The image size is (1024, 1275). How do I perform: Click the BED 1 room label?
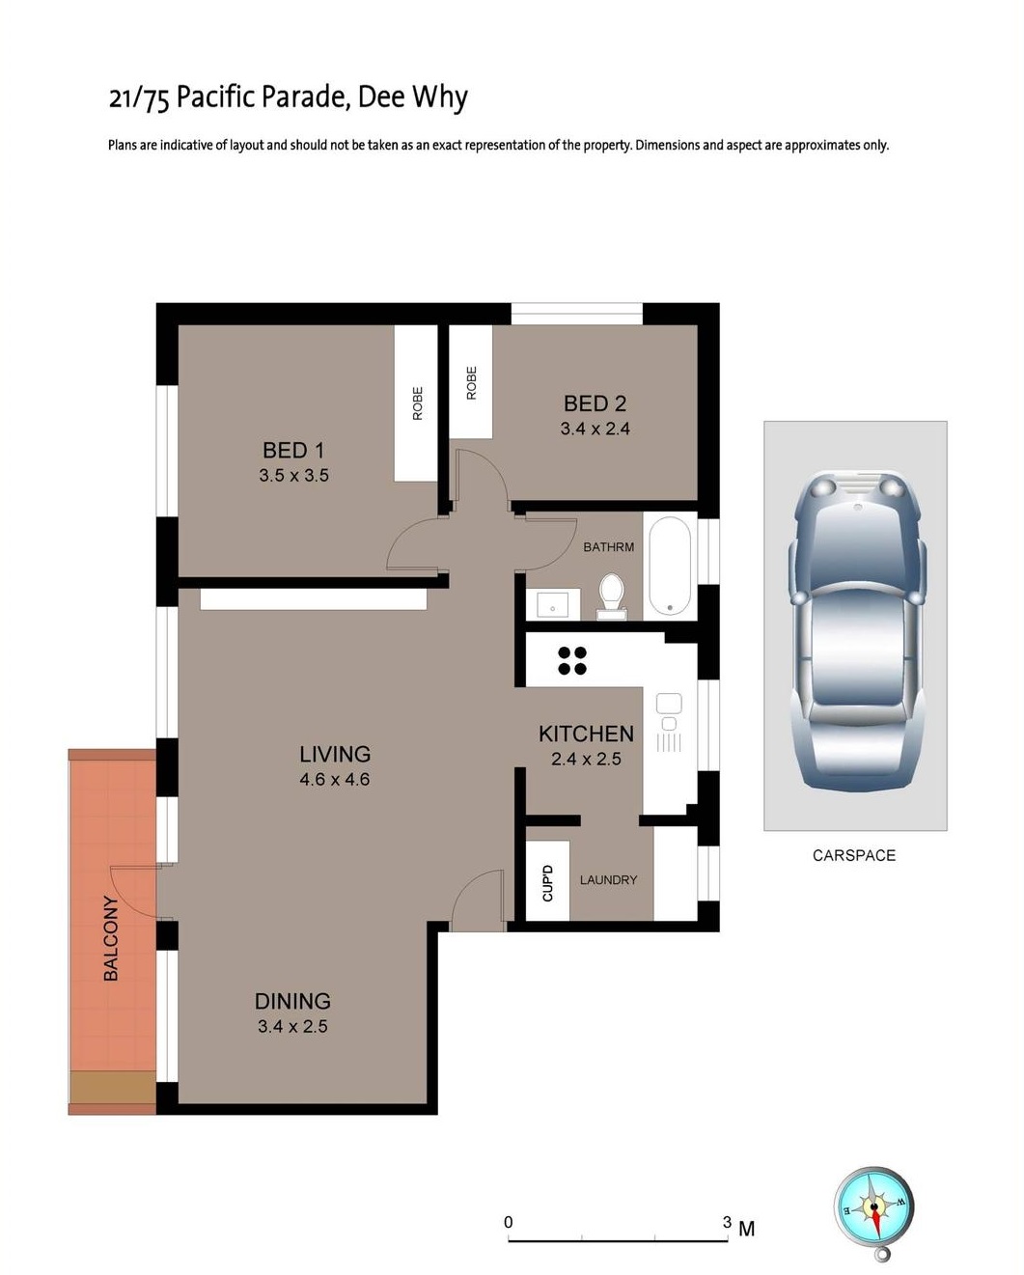[x=293, y=451]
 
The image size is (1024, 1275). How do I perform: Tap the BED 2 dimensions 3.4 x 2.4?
[x=595, y=429]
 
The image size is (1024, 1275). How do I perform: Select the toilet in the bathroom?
[x=612, y=596]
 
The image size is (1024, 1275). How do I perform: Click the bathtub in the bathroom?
[x=670, y=567]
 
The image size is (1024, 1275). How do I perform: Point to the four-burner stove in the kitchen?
[x=572, y=660]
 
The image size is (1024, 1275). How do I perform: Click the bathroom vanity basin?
[x=552, y=605]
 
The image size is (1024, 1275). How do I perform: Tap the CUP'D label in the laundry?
[x=547, y=883]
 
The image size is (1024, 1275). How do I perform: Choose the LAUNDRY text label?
[x=609, y=880]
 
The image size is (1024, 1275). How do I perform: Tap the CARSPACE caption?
[x=854, y=855]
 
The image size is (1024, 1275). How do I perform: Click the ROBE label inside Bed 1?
[x=418, y=403]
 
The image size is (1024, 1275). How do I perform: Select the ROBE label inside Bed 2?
[x=472, y=383]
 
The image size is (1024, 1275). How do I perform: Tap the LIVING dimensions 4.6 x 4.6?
[x=335, y=779]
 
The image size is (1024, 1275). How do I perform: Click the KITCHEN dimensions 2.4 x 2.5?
[x=586, y=759]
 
